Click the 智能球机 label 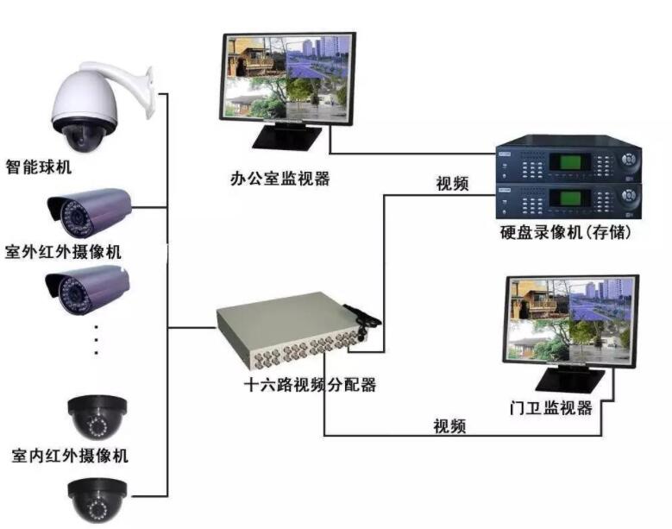[x=39, y=167]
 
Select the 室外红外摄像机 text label [x=64, y=252]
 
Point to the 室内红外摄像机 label [x=70, y=456]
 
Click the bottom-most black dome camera [x=98, y=500]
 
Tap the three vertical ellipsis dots [x=97, y=340]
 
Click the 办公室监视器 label [x=279, y=179]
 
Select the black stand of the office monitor [x=287, y=136]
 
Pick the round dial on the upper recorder [x=628, y=160]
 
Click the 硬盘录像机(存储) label [x=566, y=233]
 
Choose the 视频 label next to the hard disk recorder [x=452, y=184]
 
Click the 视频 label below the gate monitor [x=449, y=426]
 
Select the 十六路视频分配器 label [x=310, y=385]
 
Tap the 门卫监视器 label [x=551, y=407]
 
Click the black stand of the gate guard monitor [x=571, y=380]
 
